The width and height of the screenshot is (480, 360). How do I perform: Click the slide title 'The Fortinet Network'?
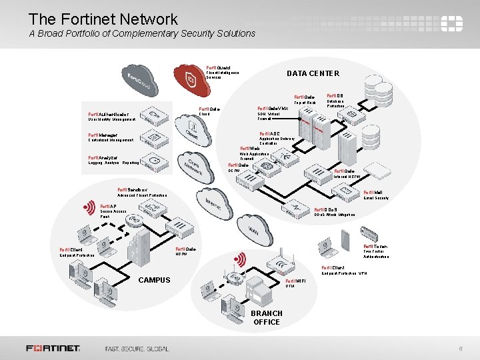pos(103,19)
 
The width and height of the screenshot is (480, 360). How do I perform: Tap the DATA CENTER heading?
pos(313,73)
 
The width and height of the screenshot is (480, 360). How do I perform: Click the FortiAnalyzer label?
pos(103,158)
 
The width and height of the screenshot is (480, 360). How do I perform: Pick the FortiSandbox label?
pos(132,190)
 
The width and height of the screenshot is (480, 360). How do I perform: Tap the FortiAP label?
pos(109,207)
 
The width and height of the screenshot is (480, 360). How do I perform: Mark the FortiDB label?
pos(335,95)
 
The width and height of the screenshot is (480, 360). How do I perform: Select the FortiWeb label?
pos(249,148)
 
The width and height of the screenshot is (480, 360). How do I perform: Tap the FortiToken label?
pos(375,246)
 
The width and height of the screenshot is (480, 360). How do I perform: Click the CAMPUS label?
pos(154,280)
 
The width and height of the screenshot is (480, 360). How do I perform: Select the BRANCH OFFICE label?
pos(267,317)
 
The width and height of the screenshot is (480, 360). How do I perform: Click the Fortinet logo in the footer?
pos(53,348)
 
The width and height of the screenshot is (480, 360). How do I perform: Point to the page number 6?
pos(460,349)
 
